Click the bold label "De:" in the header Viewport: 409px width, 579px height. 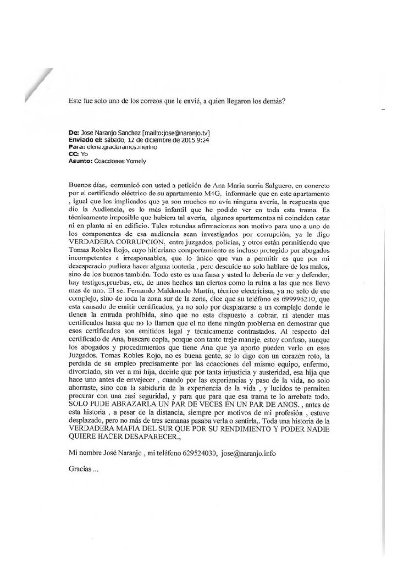(73, 133)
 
